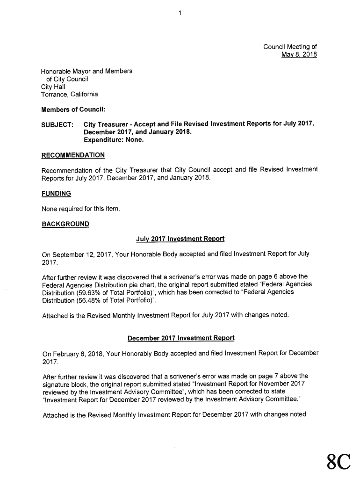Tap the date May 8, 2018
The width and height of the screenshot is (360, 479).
pos(299,55)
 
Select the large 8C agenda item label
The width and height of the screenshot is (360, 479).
pos(338,462)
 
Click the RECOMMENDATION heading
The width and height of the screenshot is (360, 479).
pos(73,155)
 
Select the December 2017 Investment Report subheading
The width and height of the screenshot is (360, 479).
pos(180,337)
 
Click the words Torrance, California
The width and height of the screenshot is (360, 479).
pos(70,94)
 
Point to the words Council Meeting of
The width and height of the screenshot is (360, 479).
pos(290,47)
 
